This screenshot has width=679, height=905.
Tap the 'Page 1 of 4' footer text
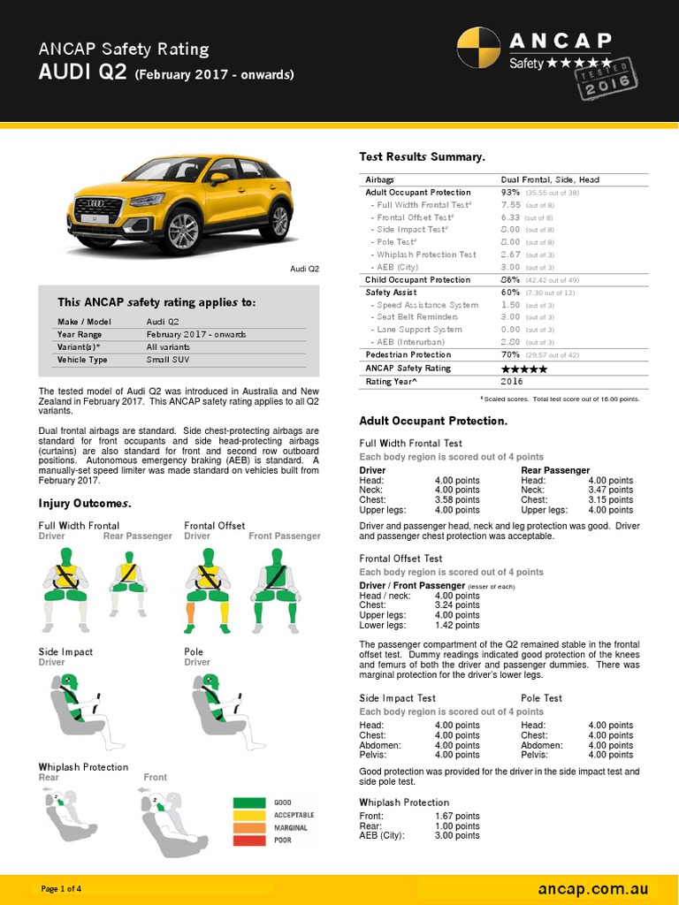point(62,888)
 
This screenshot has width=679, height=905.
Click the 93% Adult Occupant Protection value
point(510,192)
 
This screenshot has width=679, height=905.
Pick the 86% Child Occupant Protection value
point(510,279)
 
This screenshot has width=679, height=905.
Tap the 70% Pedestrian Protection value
point(510,354)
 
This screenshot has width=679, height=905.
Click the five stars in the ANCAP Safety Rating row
point(523,369)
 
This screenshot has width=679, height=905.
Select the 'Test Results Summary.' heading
point(422,156)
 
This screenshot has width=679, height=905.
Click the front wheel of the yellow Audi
point(183,232)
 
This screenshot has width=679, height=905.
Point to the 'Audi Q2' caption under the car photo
point(305,268)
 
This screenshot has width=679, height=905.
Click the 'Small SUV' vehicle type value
point(167,360)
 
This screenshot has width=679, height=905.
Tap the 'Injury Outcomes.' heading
point(85,504)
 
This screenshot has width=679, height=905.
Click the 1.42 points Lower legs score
point(457,625)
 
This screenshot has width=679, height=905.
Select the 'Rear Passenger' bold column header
point(555,471)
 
